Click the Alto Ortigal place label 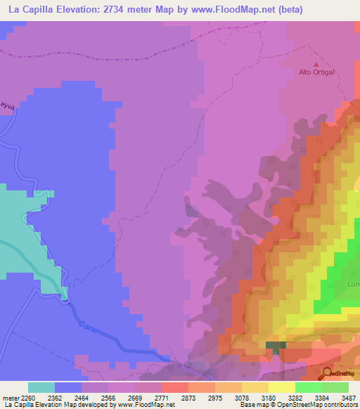[x=316, y=72]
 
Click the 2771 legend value [x=161, y=398]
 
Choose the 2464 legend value [x=82, y=398]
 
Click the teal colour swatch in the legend [x=41, y=387]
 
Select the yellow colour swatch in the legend [x=281, y=387]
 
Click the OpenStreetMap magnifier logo [x=326, y=373]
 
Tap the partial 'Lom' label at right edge [x=352, y=285]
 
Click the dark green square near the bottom [x=276, y=346]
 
